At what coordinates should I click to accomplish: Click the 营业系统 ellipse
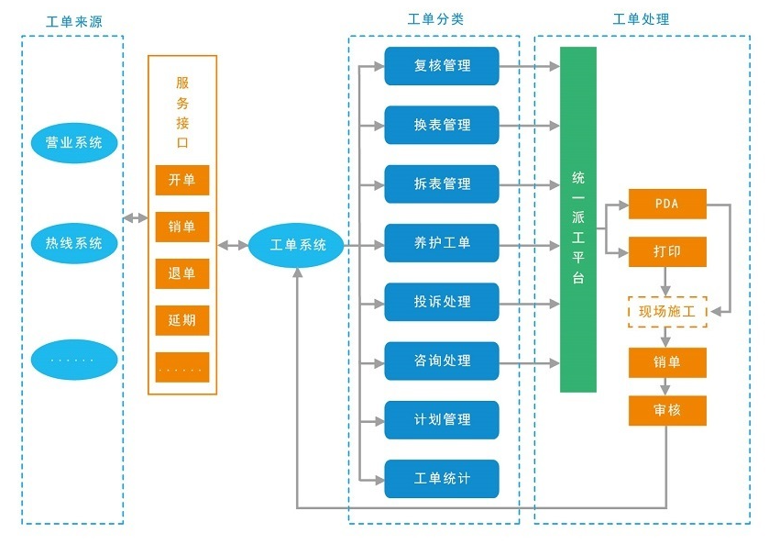pos(74,143)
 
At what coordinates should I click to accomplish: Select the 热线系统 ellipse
pos(74,244)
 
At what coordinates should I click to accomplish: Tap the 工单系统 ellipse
pos(298,246)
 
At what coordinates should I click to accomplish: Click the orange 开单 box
pos(182,181)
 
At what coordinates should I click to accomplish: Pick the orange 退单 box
pos(182,274)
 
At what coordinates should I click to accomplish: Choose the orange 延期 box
pos(182,321)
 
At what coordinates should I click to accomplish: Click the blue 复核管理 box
pos(442,66)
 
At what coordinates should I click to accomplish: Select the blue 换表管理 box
pos(442,125)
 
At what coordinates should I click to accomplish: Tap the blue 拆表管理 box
pos(442,184)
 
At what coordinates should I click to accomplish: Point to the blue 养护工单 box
pos(442,243)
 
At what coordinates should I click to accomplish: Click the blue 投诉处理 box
pos(442,302)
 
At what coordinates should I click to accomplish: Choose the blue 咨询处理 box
pos(442,361)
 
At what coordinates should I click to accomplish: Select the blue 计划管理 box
pos(442,420)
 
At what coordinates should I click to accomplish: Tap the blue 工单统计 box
pos(442,479)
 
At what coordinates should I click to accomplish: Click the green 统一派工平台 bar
pos(578,220)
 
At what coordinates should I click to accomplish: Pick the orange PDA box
pos(667,205)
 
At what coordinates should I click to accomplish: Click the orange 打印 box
pos(667,251)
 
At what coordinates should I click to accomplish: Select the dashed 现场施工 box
pos(667,312)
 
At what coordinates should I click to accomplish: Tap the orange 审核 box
pos(667,410)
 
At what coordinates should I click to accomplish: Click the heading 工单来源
pos(73,19)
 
